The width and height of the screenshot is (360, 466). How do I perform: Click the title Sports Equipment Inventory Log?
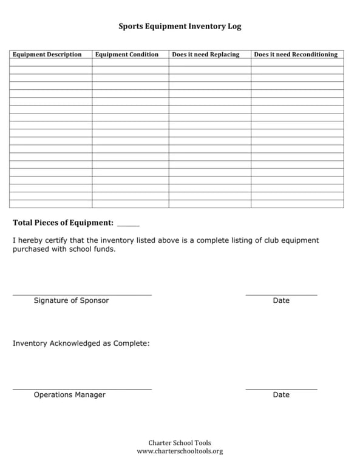coord(180,27)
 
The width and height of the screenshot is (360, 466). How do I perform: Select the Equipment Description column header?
coord(47,55)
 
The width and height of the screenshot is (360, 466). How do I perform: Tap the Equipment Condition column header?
coord(127,55)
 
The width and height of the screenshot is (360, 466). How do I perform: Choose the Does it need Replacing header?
coord(206,55)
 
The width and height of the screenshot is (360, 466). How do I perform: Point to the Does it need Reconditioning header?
coord(296,55)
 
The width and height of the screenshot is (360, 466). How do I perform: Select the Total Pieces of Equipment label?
coord(63,223)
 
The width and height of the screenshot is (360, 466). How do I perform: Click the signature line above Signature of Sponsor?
coord(82,295)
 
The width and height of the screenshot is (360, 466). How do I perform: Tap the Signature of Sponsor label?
coord(71,300)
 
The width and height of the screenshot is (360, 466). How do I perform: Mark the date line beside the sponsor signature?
coord(281,295)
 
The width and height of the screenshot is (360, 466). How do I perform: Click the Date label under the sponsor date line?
coord(281,300)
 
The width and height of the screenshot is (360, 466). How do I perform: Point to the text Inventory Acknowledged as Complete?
coord(81,343)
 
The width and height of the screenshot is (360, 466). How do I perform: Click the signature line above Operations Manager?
coord(82,389)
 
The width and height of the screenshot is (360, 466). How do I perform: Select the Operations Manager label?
coord(69,394)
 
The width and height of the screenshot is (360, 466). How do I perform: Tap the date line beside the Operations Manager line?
coord(281,389)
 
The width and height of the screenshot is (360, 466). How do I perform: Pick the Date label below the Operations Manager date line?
coord(281,394)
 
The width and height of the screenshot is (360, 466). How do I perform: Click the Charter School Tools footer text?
coord(180,443)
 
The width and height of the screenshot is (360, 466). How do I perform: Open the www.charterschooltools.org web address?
coord(180,451)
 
